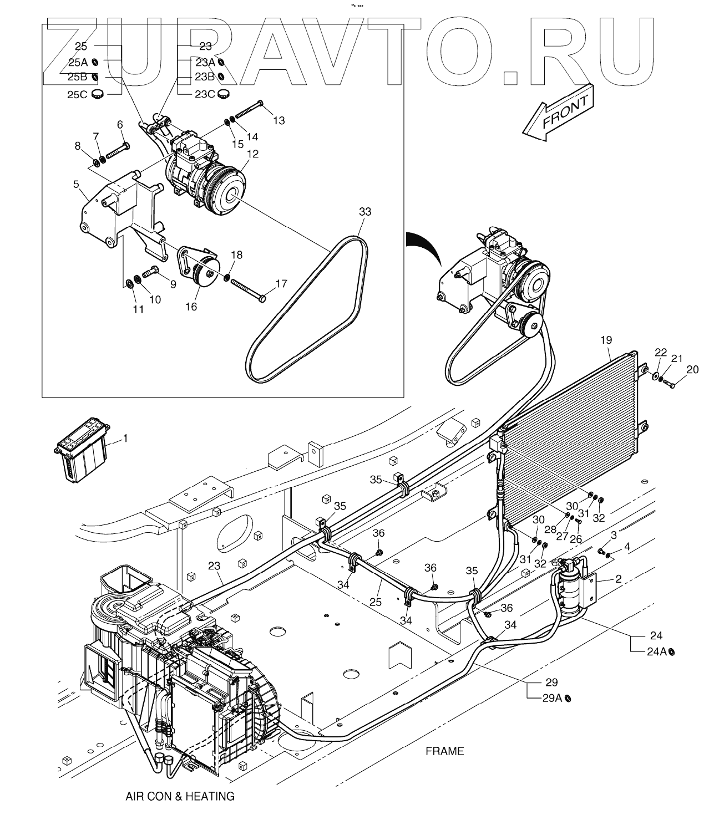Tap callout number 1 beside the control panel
click(125, 439)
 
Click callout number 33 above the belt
click(365, 212)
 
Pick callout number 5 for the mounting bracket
click(76, 183)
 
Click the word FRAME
click(444, 751)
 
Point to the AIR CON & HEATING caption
click(180, 797)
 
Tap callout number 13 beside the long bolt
click(278, 120)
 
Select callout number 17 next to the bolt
click(281, 284)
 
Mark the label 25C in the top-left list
click(77, 94)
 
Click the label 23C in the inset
click(204, 94)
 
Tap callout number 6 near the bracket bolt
click(120, 125)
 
